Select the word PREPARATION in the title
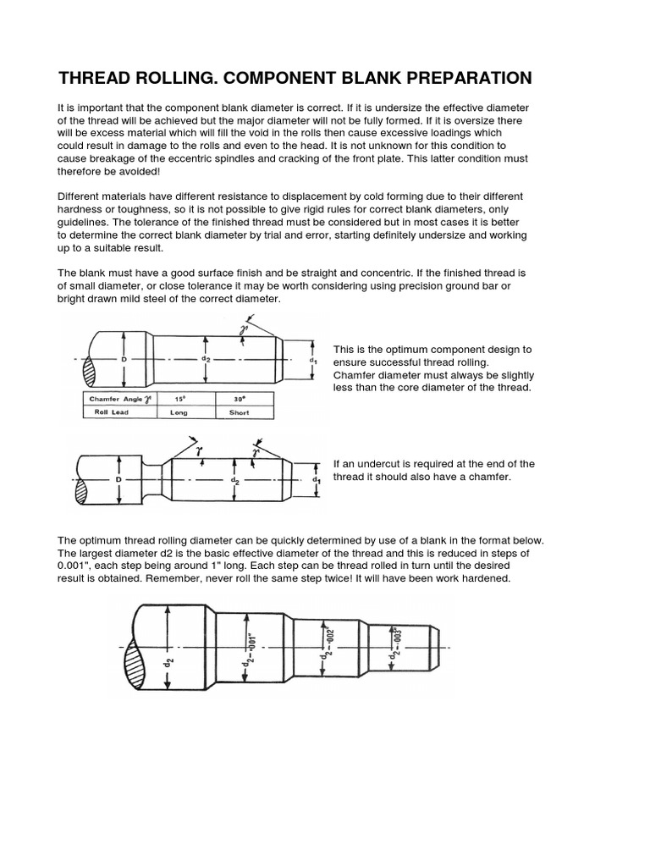pos(454,79)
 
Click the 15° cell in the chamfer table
pos(179,398)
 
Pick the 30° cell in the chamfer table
pos(239,398)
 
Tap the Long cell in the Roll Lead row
pos(179,412)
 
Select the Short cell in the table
pos(239,412)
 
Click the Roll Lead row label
pos(111,412)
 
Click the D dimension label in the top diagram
pos(124,359)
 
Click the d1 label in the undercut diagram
pos(315,481)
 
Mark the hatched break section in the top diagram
pos(90,369)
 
